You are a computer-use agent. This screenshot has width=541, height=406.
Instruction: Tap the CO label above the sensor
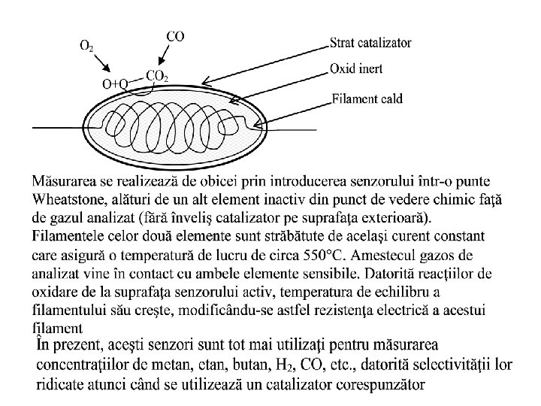(175, 36)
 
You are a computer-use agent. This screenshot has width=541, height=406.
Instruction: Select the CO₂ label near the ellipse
(156, 76)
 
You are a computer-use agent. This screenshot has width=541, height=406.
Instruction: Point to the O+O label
(114, 83)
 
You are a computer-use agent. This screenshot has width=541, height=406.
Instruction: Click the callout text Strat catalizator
(370, 43)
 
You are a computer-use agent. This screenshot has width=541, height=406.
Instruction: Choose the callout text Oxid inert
(356, 68)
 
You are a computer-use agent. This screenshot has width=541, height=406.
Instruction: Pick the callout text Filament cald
(367, 97)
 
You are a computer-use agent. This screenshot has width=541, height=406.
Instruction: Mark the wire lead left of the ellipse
(56, 127)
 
